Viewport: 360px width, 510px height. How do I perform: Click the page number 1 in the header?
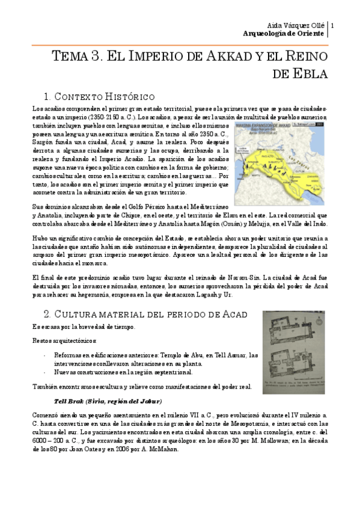[x=332, y=25]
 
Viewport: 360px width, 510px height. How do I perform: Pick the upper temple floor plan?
[x=293, y=331]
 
